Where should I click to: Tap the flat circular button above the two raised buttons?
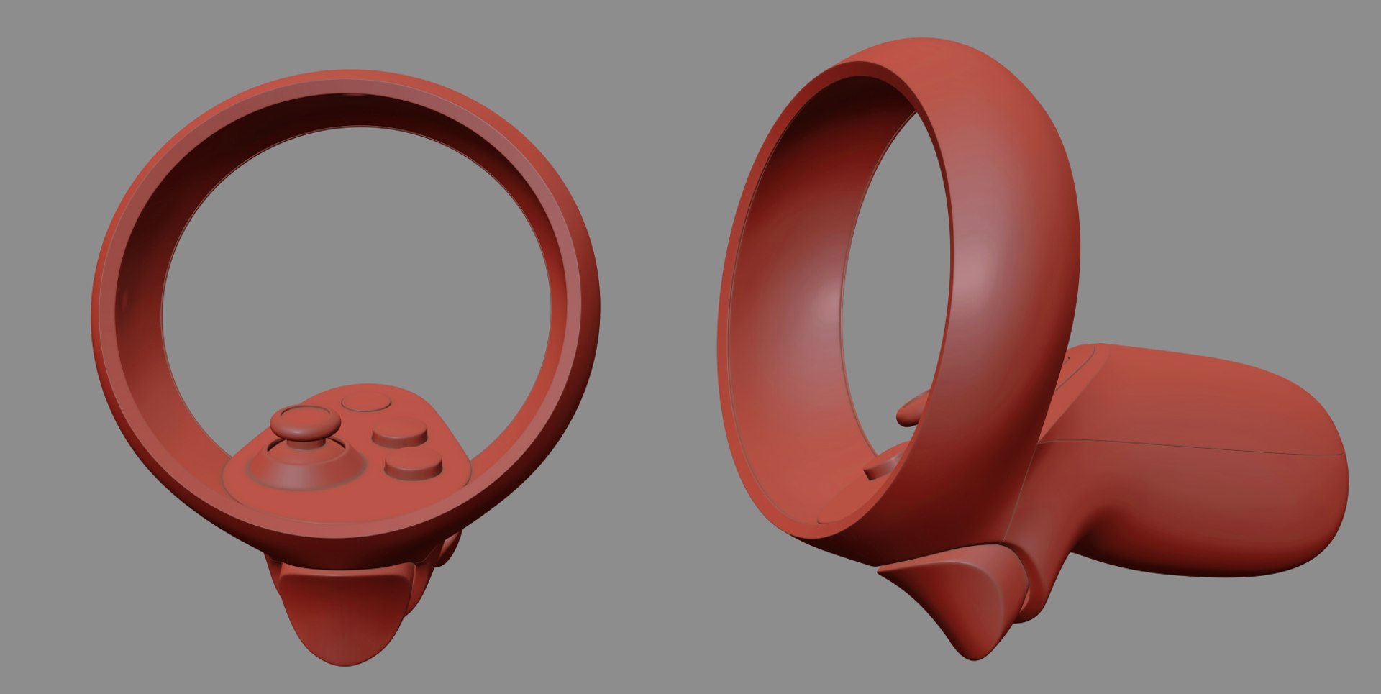tap(365, 401)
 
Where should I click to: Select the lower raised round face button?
tap(413, 464)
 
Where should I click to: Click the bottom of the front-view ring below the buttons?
tap(345, 529)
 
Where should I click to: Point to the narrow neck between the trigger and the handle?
tap(1036, 568)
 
